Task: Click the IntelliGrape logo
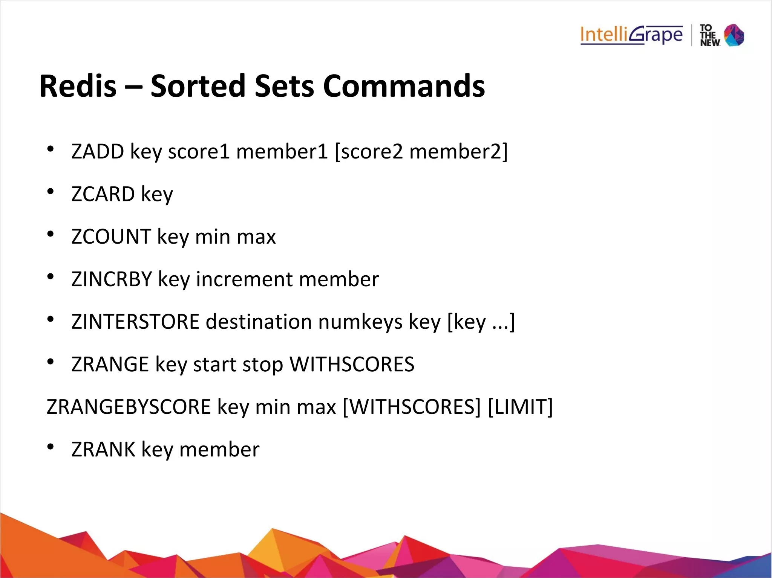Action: coord(631,35)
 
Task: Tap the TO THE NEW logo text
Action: coord(709,35)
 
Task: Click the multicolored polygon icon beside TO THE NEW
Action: coord(734,35)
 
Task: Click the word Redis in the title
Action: coord(78,86)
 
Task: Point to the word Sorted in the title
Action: coord(198,86)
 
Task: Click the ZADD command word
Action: coord(98,151)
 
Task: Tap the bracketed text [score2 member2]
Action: coord(421,151)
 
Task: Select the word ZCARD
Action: coord(103,194)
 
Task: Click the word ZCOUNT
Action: coord(111,236)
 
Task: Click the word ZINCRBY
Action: coord(112,279)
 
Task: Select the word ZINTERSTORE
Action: coord(135,322)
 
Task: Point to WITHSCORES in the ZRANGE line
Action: coord(352,364)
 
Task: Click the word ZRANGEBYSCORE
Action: coord(129,407)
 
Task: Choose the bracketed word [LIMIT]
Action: coord(520,407)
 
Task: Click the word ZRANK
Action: coord(103,449)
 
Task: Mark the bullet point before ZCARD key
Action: coord(51,192)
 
